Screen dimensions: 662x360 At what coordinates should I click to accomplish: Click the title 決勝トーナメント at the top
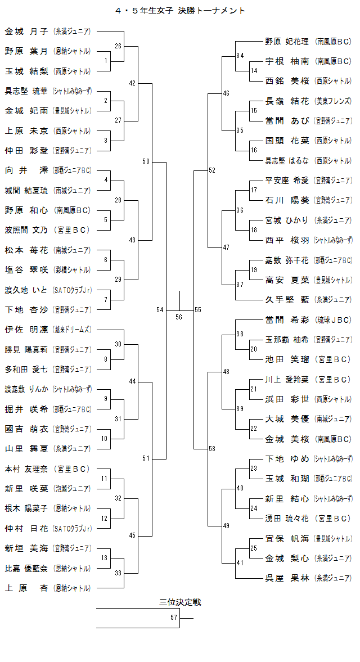point(211,10)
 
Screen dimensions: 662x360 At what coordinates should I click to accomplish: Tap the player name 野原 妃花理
point(287,41)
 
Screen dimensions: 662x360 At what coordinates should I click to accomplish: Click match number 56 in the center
point(179,317)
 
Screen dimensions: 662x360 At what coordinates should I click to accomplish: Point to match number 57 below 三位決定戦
point(174,618)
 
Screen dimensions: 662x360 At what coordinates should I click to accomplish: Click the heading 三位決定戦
point(180,602)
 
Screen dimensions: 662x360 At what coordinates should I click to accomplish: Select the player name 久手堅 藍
point(287,299)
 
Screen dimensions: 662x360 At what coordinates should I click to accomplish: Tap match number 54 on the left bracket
point(160,310)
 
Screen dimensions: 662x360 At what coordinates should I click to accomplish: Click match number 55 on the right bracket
point(198,310)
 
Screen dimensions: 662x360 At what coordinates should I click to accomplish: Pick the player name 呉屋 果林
point(287,578)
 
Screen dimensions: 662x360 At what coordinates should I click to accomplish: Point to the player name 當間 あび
point(287,121)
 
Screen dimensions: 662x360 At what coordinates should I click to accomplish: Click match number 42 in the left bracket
point(132,83)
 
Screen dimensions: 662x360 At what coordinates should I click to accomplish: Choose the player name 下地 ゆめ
point(287,458)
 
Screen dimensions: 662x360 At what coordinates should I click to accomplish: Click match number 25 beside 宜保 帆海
point(253,548)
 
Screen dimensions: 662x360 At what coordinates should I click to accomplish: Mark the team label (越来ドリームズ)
point(71,329)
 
